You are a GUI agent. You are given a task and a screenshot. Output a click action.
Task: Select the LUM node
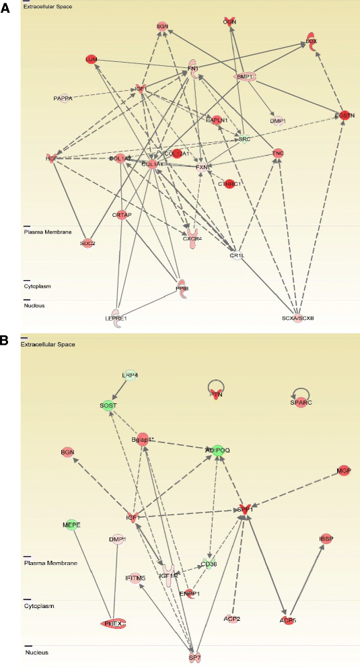[x=92, y=59]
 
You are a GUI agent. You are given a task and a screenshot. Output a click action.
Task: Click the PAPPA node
[x=63, y=99]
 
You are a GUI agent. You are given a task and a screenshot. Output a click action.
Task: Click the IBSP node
[x=327, y=539]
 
